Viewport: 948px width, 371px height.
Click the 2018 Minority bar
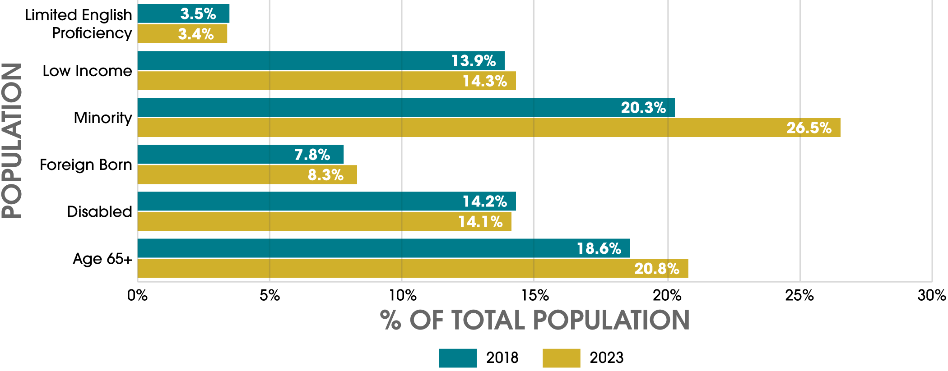tap(406, 107)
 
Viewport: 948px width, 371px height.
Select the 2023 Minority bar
tap(489, 128)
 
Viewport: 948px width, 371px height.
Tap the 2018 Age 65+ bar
tap(384, 248)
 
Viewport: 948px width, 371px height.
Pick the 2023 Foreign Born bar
tap(247, 174)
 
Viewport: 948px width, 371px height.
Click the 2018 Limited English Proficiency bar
tap(183, 14)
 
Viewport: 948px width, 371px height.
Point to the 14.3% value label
tap(485, 81)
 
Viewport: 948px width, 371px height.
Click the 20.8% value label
tap(657, 269)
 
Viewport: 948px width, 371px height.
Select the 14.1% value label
tap(480, 222)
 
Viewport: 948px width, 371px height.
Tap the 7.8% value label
tap(312, 155)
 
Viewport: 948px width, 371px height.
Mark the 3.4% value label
tap(196, 34)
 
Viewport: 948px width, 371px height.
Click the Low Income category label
tap(87, 71)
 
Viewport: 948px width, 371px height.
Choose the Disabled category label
tap(99, 211)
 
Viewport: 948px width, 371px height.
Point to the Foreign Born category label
tap(86, 165)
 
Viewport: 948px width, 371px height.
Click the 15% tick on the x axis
tap(535, 295)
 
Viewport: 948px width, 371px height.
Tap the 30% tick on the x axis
tap(931, 295)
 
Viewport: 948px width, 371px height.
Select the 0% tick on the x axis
tap(137, 295)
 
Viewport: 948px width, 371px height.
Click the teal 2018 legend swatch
tap(458, 358)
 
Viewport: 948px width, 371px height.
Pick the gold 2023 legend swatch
tap(561, 358)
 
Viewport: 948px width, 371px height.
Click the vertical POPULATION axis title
tap(12, 141)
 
